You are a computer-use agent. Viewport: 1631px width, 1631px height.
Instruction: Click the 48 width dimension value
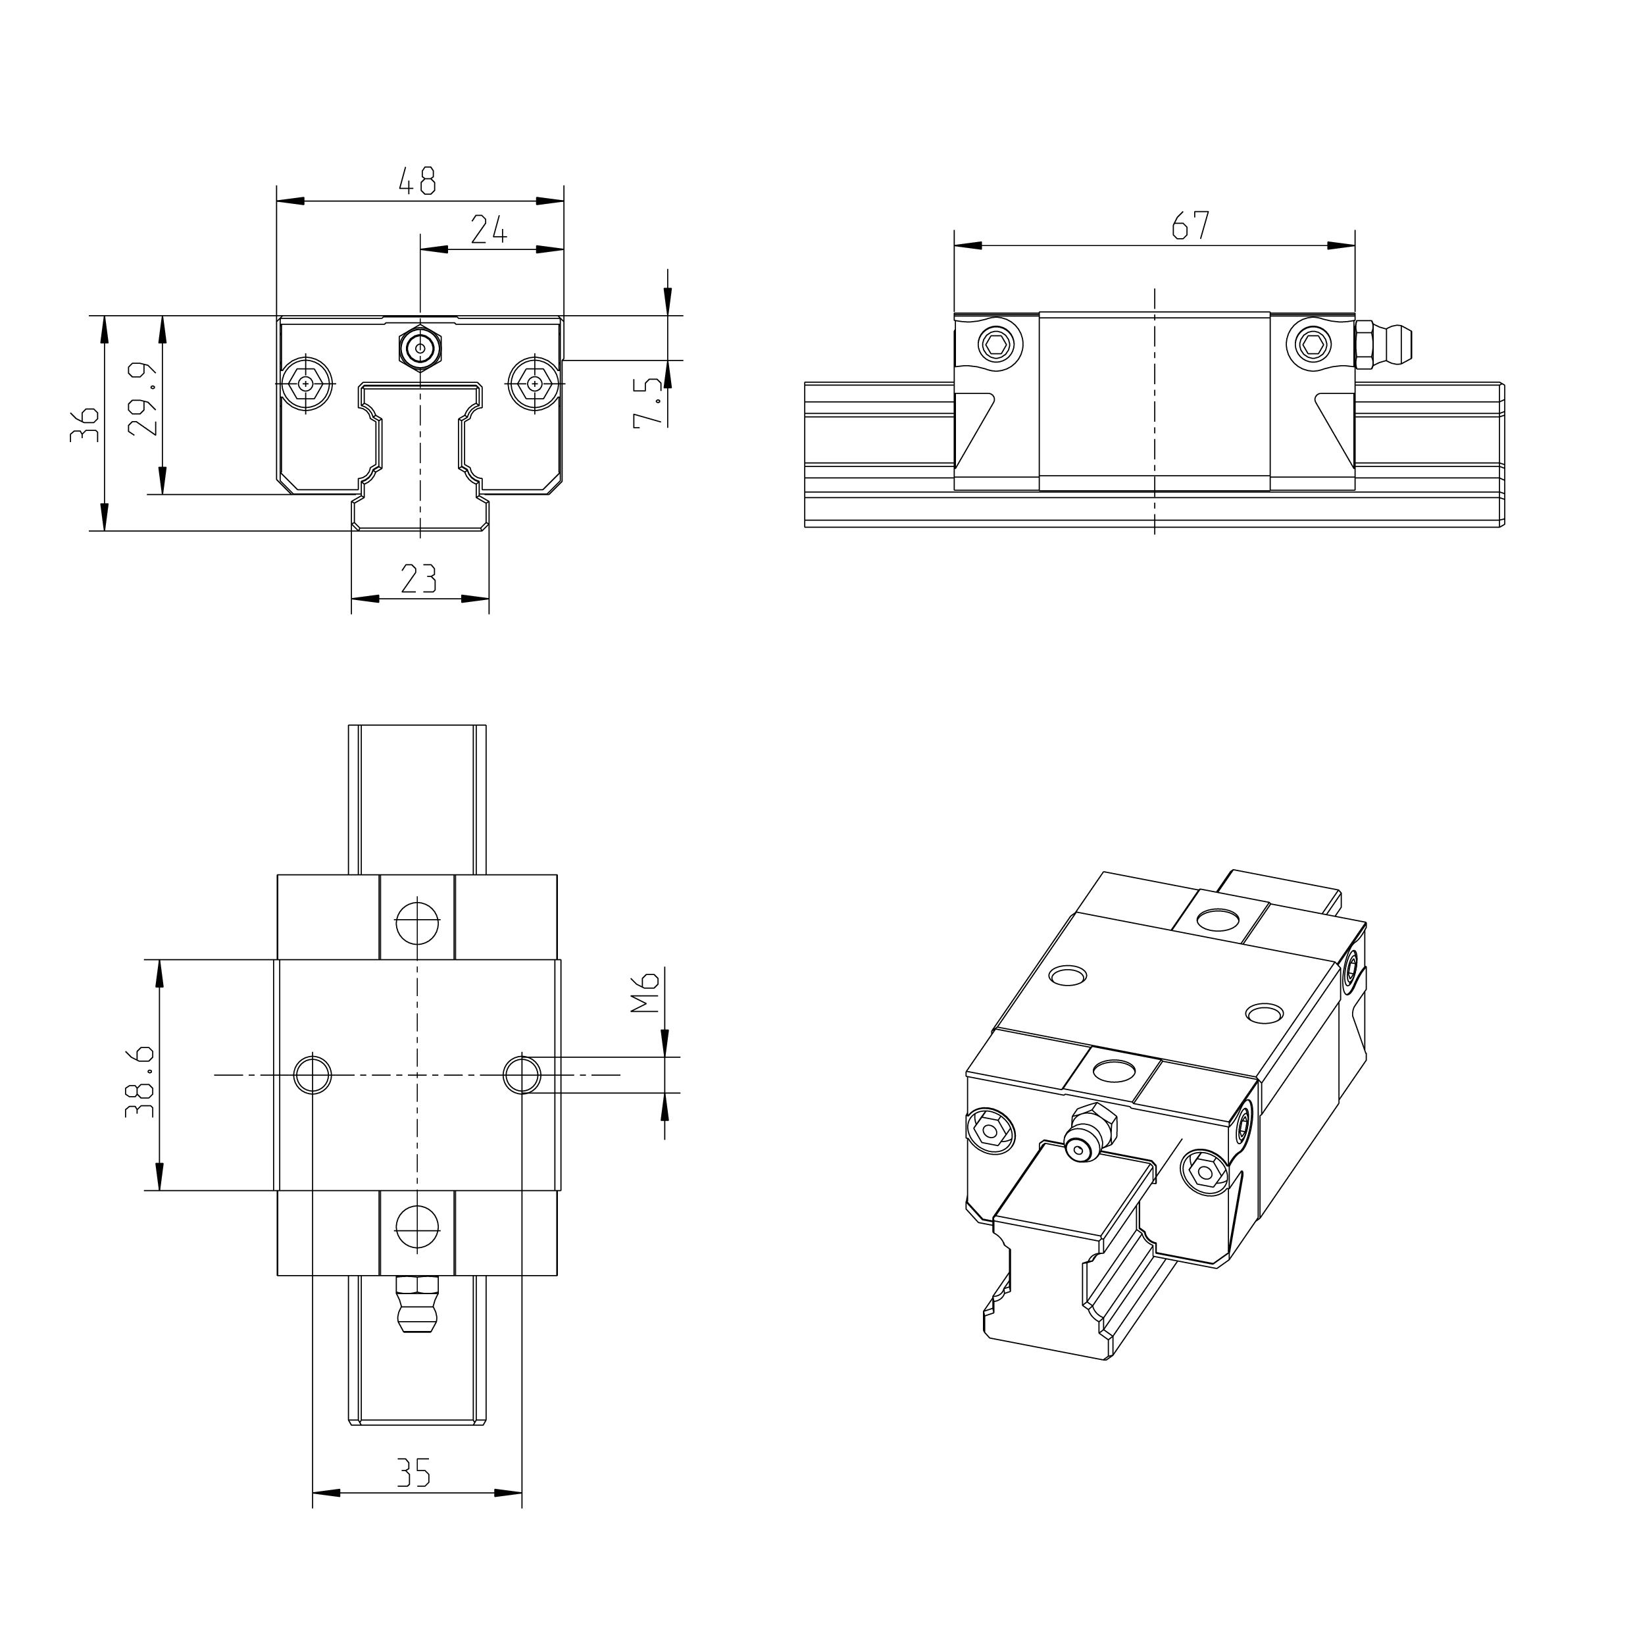(416, 181)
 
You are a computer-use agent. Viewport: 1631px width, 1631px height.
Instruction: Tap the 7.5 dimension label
(648, 403)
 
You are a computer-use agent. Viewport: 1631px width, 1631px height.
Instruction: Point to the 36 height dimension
(84, 424)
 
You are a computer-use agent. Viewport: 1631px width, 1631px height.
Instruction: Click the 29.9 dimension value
(143, 399)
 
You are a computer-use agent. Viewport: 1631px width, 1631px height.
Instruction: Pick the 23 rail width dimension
(418, 579)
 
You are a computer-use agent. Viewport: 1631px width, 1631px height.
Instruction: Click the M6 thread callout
(646, 993)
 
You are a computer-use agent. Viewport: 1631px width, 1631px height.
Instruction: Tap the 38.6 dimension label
(140, 1082)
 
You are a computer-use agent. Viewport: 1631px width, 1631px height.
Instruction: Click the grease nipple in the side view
(1386, 345)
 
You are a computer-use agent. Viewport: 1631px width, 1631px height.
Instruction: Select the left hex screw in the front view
(305, 384)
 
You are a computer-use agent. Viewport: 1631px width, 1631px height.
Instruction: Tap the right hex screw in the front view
(534, 384)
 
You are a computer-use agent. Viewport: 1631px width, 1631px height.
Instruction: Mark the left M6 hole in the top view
(313, 1074)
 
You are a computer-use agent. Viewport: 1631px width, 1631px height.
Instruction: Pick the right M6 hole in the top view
(522, 1074)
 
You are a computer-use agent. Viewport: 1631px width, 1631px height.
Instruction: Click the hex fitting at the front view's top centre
(420, 346)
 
